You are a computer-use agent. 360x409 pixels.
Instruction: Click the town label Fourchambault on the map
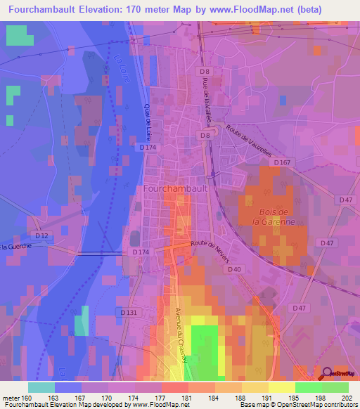(176, 190)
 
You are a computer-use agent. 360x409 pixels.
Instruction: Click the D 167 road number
(283, 163)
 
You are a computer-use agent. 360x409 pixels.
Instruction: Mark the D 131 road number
(128, 312)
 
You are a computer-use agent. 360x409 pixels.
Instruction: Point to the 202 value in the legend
(348, 397)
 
